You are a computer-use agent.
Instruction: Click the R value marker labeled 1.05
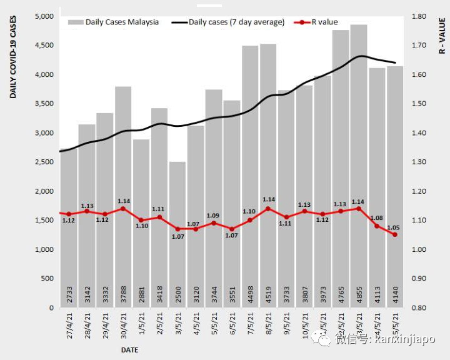click(x=395, y=234)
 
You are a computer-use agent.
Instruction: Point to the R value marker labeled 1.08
click(x=377, y=226)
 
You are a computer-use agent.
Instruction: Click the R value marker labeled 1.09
click(x=214, y=222)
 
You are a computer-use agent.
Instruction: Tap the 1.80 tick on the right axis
click(x=418, y=16)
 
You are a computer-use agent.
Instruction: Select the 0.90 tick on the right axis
click(x=418, y=279)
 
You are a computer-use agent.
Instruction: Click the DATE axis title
click(x=130, y=349)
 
